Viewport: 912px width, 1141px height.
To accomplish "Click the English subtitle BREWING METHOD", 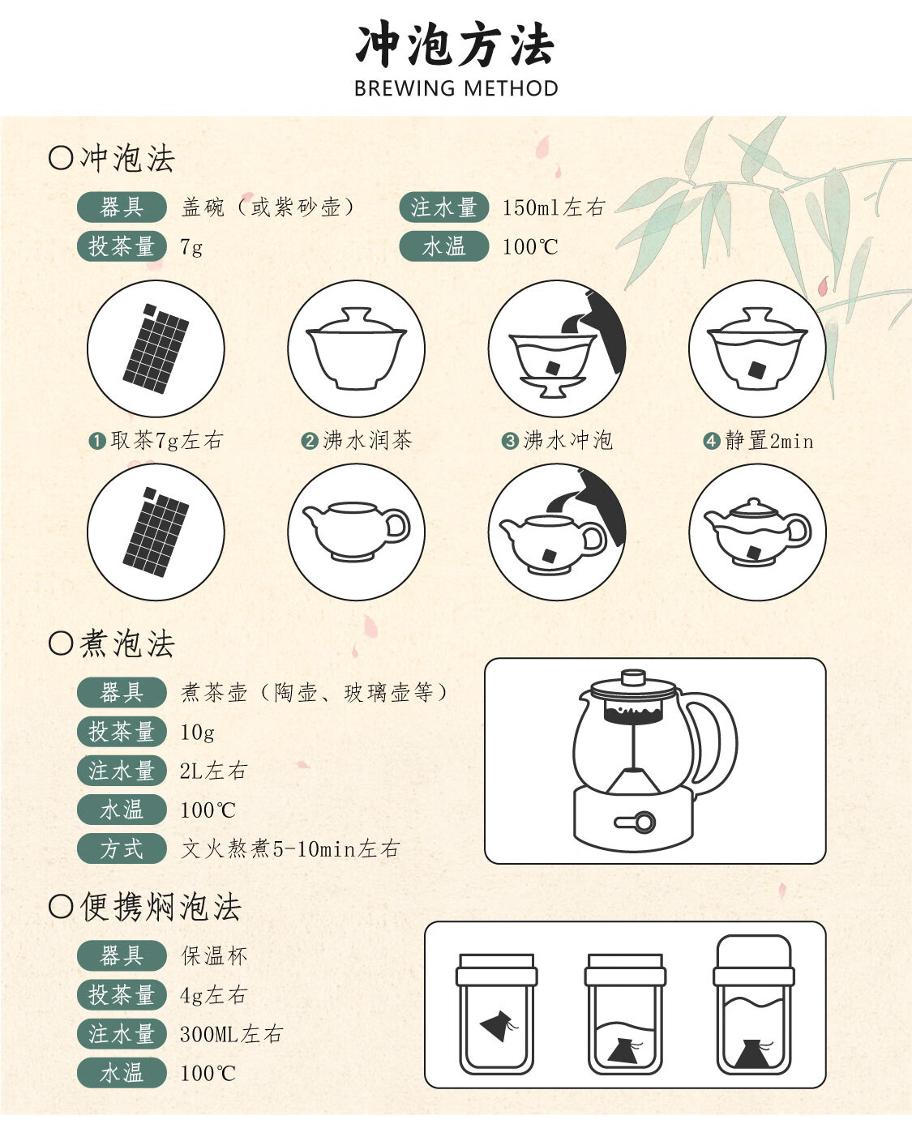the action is click(456, 88).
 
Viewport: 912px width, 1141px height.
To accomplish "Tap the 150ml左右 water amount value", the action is click(554, 207).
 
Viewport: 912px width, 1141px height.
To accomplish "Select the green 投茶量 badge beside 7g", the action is click(122, 246).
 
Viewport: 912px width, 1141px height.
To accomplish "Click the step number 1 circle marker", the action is click(97, 441).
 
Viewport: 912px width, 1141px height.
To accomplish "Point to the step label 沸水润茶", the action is click(367, 441).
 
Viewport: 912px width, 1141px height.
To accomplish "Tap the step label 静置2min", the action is click(769, 441).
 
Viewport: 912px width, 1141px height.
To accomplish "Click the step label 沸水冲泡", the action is click(567, 441).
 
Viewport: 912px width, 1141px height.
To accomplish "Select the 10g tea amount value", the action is click(197, 733).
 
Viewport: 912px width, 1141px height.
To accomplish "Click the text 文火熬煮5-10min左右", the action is click(289, 848).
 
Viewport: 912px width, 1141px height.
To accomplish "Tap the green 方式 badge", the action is click(122, 848).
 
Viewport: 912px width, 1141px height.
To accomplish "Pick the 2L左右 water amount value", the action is click(213, 771).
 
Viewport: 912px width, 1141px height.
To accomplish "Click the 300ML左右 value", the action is click(231, 1034).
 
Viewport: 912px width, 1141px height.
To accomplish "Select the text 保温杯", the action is click(214, 956).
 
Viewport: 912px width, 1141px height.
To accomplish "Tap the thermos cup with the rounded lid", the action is click(753, 1006).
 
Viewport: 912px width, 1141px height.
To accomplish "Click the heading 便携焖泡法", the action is click(161, 907).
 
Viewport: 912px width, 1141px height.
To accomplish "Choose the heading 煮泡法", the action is click(126, 644).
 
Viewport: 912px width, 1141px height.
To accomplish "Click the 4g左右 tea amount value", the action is click(213, 995).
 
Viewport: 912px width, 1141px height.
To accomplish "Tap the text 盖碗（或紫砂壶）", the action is click(268, 207).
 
